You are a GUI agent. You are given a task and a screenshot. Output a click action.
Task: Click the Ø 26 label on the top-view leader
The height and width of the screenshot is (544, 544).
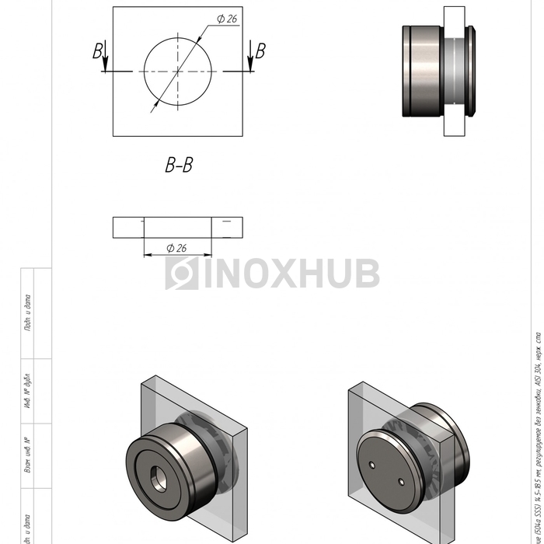(226, 19)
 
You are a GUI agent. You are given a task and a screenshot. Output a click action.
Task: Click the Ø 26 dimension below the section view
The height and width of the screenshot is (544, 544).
(176, 248)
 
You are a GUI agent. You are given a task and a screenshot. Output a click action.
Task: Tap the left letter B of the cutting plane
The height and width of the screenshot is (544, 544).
(98, 51)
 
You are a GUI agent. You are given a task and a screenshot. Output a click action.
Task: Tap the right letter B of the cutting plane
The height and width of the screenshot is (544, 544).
(260, 51)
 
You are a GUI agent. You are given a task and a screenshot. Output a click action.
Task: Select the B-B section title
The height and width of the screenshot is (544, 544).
(179, 165)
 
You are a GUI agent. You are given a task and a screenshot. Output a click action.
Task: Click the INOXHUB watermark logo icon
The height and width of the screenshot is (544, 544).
(181, 274)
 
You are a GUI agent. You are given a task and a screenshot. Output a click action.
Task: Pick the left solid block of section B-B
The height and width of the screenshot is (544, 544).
(128, 227)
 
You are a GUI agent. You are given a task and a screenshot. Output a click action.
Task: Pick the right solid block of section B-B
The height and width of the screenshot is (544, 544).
(227, 227)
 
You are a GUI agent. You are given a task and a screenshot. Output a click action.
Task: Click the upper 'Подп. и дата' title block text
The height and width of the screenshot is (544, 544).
(28, 313)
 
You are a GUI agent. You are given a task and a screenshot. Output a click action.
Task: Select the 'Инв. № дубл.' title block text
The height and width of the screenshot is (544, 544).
(28, 391)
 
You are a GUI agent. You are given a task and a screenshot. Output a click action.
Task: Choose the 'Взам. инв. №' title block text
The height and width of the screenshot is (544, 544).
(28, 455)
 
